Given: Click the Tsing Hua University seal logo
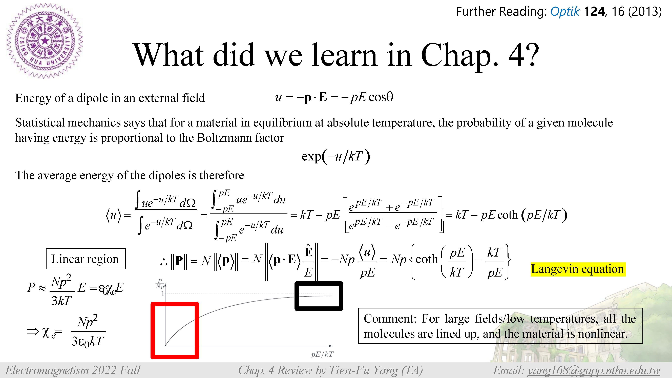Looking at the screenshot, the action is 45,41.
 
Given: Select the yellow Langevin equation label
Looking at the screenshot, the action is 578,269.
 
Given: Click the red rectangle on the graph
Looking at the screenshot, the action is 175,330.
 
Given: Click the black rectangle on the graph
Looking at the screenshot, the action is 319,296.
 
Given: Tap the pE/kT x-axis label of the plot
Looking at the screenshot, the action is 322,354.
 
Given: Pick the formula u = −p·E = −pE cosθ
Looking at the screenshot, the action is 334,97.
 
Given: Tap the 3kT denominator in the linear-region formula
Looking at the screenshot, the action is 61,301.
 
